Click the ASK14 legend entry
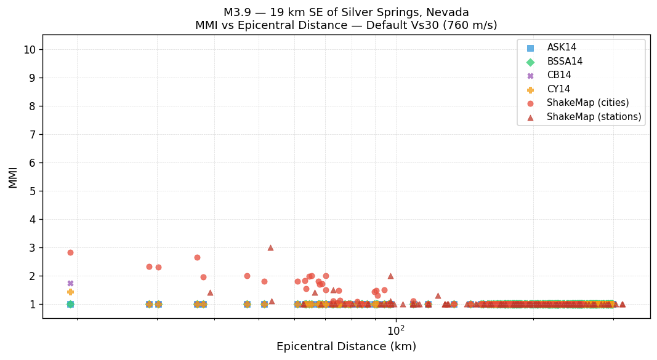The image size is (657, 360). pos(562,47)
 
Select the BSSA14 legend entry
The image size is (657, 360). pos(565,62)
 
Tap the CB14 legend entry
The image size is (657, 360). pos(558,75)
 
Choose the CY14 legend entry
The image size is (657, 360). pos(558,89)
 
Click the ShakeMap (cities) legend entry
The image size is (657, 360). pos(587,103)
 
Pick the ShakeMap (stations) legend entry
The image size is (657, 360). pos(594,117)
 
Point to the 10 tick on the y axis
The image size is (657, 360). pos(30,50)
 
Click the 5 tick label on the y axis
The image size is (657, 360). pos(32,191)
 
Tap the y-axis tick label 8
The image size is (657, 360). pos(32,106)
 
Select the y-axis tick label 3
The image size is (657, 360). pos(32,248)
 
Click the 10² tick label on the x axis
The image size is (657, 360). pos(396,330)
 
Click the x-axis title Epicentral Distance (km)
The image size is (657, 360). pos(346,346)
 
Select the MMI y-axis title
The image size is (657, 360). pos(13,177)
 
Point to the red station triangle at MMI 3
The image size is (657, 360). pos(270,247)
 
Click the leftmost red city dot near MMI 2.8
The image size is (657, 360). pos(70,252)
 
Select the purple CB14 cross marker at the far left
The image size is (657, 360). pos(70,283)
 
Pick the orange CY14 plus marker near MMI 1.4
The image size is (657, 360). pos(70,292)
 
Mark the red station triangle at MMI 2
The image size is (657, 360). pos(390,276)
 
